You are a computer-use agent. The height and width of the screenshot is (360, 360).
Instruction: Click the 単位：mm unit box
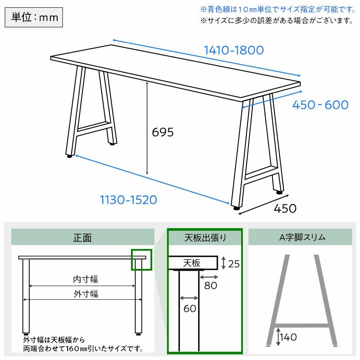point(34,17)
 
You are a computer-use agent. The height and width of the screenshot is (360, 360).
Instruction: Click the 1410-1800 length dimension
point(234,50)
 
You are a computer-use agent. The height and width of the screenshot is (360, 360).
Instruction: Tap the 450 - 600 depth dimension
point(320,105)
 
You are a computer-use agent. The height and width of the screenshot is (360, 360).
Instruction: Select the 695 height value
point(163,132)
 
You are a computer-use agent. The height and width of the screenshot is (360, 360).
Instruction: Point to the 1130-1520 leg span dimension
point(128,200)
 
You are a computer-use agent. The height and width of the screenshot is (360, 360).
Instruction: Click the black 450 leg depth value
point(285,209)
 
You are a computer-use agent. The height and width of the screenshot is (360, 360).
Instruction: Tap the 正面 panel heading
point(82,238)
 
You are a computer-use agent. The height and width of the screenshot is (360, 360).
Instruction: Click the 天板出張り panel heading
point(205,238)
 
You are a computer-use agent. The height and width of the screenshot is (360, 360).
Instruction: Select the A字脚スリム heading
point(302,237)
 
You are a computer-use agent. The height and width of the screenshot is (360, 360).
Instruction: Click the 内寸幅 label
point(85,279)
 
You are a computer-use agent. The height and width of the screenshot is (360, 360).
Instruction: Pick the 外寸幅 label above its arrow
point(85,294)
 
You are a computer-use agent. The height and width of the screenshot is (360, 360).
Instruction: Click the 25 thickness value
point(234,264)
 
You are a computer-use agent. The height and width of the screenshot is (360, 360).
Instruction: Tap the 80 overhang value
point(210,285)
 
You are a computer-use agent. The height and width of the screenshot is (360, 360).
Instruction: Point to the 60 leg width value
point(190,308)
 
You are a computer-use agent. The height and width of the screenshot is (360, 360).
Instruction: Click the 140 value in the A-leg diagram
point(288,337)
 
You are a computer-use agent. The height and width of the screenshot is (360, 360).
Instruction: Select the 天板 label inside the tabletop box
point(192,263)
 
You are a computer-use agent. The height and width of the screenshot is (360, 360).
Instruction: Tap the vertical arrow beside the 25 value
point(223,263)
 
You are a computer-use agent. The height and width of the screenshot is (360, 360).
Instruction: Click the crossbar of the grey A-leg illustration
point(302,326)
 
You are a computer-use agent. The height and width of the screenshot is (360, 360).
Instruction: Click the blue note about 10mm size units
point(278,10)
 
